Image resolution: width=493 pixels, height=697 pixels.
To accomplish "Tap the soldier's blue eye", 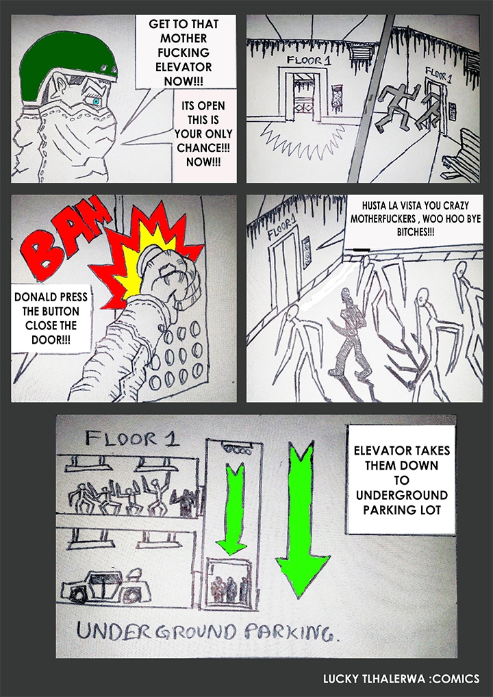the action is coord(96,102).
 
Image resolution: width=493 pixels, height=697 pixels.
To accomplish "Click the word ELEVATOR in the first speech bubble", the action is coord(184,67).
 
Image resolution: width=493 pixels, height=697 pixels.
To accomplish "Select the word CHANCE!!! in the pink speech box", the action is coord(203,148).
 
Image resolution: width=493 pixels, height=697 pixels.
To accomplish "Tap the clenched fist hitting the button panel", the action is coord(164,280).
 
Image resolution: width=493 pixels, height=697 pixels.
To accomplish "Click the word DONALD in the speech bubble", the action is coord(36,297).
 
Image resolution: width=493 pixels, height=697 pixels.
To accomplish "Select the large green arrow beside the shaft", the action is coord(301,518).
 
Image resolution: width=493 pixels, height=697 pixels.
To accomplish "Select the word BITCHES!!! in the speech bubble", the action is coord(415,231).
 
